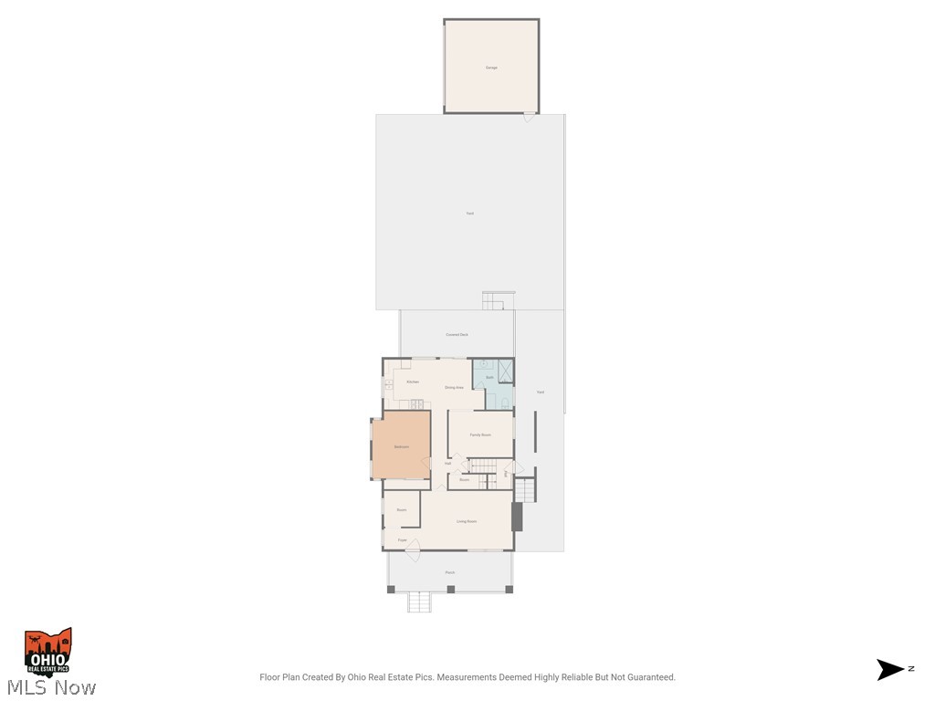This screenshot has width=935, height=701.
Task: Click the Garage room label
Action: tap(491, 68)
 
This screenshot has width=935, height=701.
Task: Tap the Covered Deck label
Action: tap(457, 335)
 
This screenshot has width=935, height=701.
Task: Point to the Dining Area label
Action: tap(454, 388)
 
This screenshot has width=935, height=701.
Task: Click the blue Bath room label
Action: tap(489, 376)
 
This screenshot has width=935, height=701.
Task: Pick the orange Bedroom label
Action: tap(401, 446)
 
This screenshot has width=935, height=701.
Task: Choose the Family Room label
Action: tap(480, 435)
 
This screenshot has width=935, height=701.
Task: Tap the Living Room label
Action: tap(467, 521)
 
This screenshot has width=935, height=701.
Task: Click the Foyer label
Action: tap(402, 540)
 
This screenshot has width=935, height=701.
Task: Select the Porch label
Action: tap(450, 572)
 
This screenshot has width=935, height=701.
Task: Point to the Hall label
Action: tap(447, 464)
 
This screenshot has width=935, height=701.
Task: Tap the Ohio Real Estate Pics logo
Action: tap(47, 652)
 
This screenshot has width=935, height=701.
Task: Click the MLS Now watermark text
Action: tap(49, 687)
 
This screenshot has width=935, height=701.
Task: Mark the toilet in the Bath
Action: tap(504, 403)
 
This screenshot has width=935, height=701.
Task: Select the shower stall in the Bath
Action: tap(504, 371)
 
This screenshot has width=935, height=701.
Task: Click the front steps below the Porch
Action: tap(419, 602)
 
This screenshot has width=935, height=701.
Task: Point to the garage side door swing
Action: tap(529, 117)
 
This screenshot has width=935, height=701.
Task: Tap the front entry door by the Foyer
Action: tap(412, 549)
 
